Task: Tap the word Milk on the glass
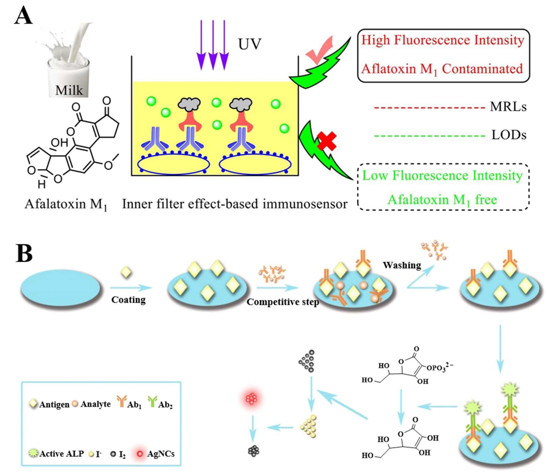point(69,90)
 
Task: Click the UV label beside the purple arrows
point(249,44)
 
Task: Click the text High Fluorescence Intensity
point(443,40)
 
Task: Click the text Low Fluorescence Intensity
point(442,176)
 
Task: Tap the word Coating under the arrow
point(128,300)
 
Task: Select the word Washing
point(402,265)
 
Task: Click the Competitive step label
point(283,302)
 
